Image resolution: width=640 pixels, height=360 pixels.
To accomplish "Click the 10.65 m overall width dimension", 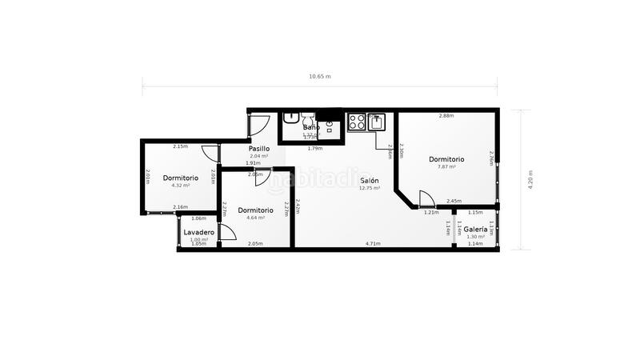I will pos(320,77).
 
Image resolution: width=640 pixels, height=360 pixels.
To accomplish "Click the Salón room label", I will pos(369,181).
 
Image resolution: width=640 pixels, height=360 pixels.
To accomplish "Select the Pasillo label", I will pos(258,149).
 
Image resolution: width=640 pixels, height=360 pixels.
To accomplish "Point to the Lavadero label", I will pos(198,232).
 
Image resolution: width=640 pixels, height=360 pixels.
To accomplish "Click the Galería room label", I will pos(475,230).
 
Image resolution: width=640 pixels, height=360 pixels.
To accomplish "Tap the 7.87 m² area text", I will pos(446,166).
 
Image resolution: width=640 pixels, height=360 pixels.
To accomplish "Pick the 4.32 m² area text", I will pos(181,186).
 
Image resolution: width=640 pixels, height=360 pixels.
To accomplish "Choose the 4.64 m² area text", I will pos(255,218).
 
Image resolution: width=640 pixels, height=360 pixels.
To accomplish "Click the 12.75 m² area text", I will pos(369,188).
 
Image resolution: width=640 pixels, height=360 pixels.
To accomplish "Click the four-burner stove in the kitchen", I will pos(357,122).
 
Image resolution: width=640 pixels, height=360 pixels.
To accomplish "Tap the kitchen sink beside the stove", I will pos(376,122).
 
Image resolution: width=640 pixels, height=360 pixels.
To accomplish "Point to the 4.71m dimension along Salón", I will pos(373,243).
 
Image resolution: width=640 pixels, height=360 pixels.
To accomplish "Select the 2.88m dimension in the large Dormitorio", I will pos(446,116).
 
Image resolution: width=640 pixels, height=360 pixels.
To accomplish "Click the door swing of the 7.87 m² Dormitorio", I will pos(426,198).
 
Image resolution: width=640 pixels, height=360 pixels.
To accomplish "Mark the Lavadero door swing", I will pos(226,232).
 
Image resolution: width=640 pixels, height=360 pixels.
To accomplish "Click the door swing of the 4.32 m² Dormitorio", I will pos(210,153).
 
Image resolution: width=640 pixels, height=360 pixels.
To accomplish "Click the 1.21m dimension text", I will pos(430,213).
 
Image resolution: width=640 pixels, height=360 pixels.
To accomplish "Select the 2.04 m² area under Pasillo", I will pos(258,156).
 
